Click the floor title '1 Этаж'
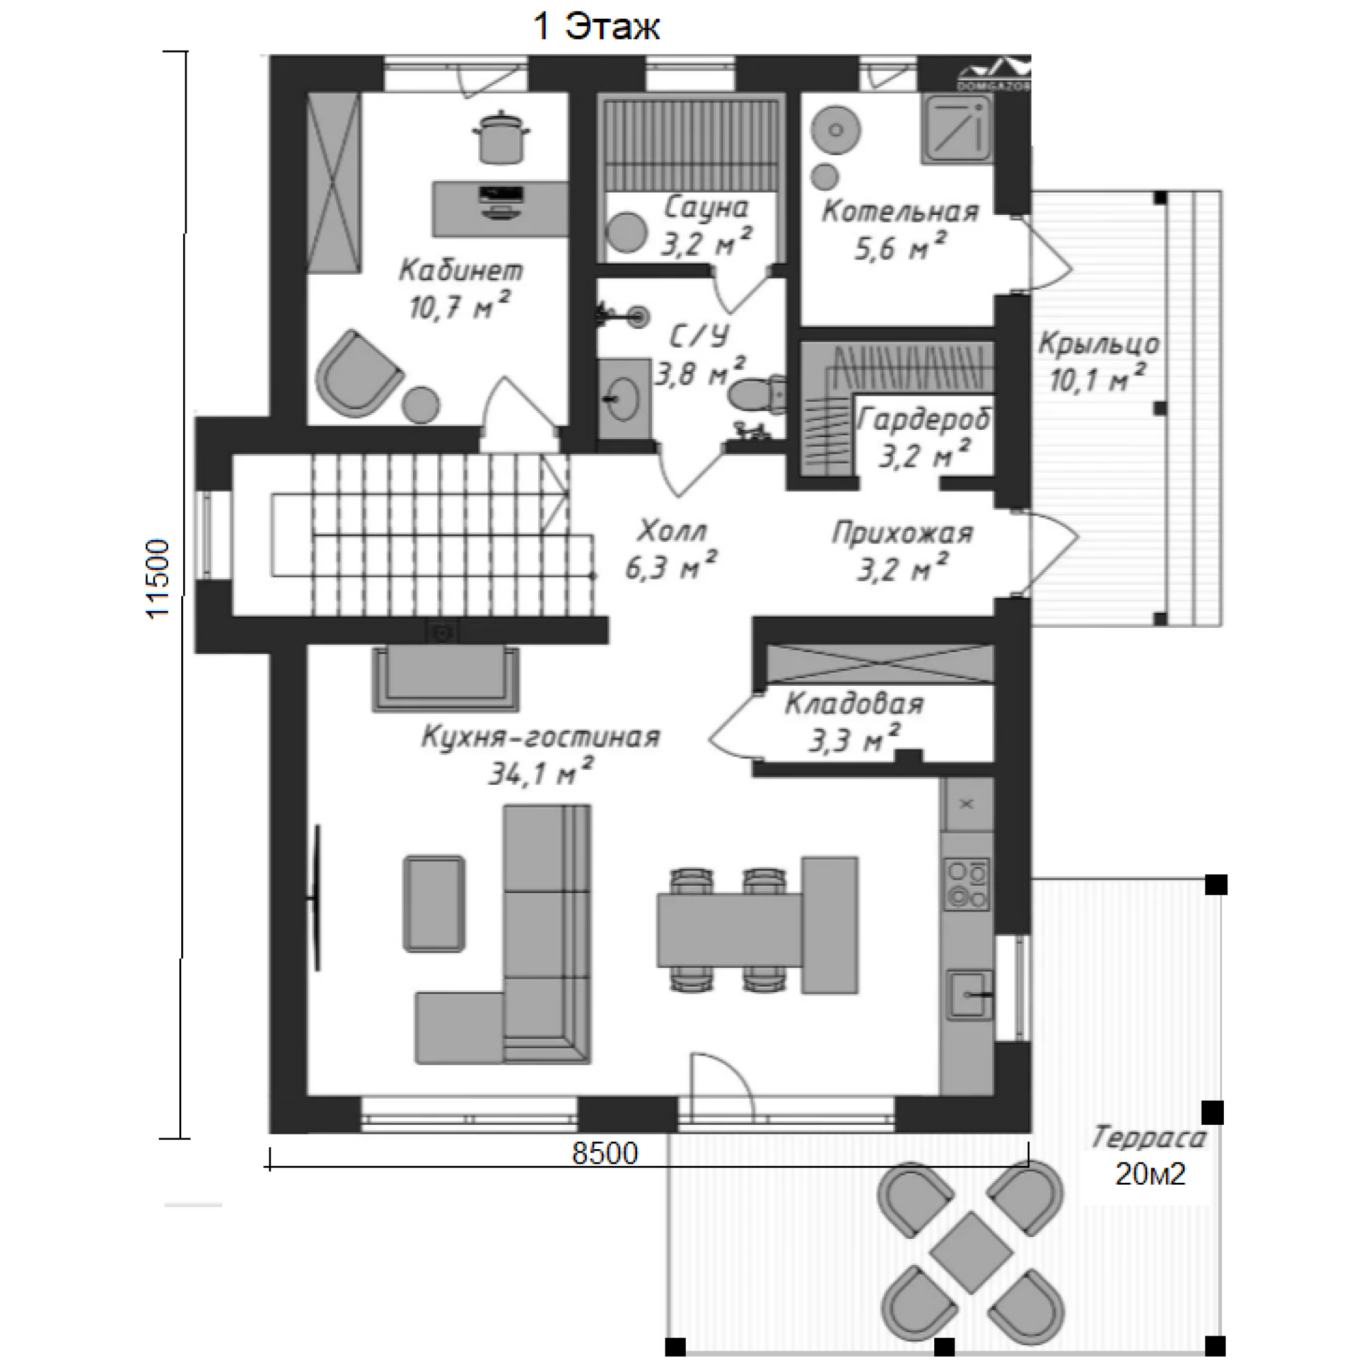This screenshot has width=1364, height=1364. coord(597,27)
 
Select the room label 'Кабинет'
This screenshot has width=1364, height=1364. coord(461,270)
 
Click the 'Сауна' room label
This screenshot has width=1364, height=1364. coord(706,207)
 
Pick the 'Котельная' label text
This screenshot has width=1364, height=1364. coord(900,211)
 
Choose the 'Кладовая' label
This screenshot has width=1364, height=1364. coord(854,704)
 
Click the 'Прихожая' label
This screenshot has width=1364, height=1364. coord(903,532)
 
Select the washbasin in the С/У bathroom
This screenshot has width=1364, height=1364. coord(625,399)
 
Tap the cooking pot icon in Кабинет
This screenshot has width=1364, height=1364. coord(500,137)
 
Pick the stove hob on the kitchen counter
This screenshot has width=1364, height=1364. coord(968,884)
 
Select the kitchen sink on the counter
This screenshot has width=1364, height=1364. coord(970,996)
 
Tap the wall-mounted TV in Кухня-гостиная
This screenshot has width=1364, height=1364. coord(317,898)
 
